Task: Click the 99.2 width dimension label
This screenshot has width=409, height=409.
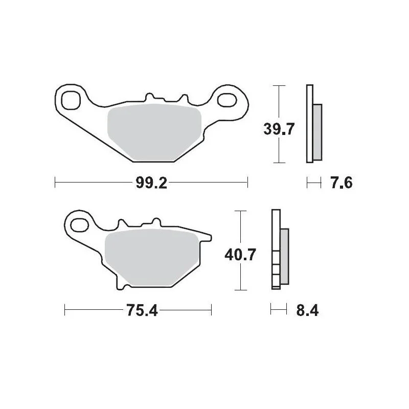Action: pos(151,183)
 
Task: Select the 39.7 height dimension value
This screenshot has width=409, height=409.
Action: pos(279,129)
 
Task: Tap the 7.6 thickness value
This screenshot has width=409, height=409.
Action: pos(341,183)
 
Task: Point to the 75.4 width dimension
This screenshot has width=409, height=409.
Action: pos(142,310)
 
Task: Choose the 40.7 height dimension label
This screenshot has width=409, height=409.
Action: pos(240,255)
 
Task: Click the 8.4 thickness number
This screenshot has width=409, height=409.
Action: pos(307,310)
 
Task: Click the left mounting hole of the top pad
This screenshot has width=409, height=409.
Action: pos(71,100)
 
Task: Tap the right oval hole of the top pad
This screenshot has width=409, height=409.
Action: pos(227,100)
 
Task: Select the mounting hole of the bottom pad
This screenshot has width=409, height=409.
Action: pos(80,225)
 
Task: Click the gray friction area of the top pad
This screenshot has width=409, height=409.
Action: pos(154,132)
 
